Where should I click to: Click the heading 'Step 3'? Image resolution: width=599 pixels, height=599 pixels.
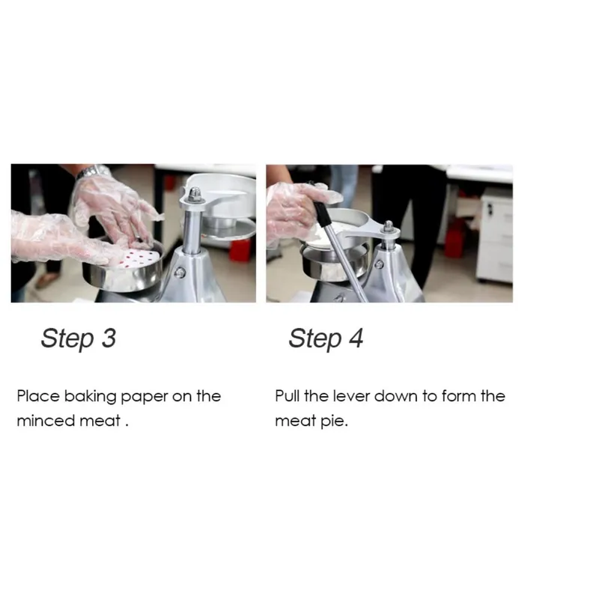point(79,338)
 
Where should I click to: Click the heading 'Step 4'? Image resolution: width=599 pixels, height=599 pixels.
point(326,338)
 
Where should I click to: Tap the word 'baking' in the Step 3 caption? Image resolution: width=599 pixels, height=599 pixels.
point(90,397)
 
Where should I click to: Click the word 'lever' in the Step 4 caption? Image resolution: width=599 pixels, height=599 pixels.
point(351,396)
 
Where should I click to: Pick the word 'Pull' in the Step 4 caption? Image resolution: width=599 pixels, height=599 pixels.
point(287,396)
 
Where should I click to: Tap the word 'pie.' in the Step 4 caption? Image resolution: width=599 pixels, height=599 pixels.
point(334,422)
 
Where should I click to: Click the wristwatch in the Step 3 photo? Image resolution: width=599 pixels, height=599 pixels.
point(91,171)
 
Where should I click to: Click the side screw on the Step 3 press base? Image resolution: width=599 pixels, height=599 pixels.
point(180,273)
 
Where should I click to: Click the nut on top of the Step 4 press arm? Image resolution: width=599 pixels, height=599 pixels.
point(389,227)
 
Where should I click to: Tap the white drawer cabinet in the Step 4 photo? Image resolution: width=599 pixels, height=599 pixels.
point(495,235)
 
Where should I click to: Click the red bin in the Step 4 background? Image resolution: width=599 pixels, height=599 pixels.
point(454,238)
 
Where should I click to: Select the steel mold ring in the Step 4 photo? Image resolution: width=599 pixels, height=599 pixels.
point(333,260)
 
